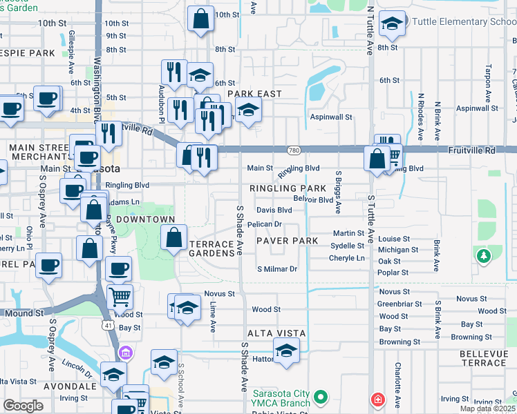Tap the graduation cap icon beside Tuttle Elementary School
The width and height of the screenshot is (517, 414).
coord(392,23)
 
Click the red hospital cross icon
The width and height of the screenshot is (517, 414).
coord(377,399)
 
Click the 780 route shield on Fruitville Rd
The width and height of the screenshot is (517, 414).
coord(294,150)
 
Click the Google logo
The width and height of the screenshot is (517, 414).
coord(23,405)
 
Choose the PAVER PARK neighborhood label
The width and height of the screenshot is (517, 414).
coord(287,241)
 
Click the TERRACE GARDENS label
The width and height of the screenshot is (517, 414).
coord(212,249)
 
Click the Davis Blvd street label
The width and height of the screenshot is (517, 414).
coord(274,210)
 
